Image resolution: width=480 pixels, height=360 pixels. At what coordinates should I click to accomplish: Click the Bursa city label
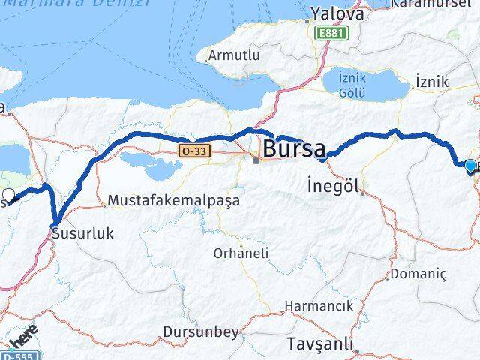click(x=293, y=146)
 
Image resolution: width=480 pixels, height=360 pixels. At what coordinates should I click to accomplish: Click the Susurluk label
click(x=82, y=234)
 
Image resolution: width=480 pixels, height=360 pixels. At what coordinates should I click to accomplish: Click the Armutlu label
click(x=233, y=56)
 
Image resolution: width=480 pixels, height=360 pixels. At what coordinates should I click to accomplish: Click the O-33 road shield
click(x=193, y=151)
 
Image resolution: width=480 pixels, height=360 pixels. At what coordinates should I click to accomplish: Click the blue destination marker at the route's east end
click(x=470, y=166)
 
